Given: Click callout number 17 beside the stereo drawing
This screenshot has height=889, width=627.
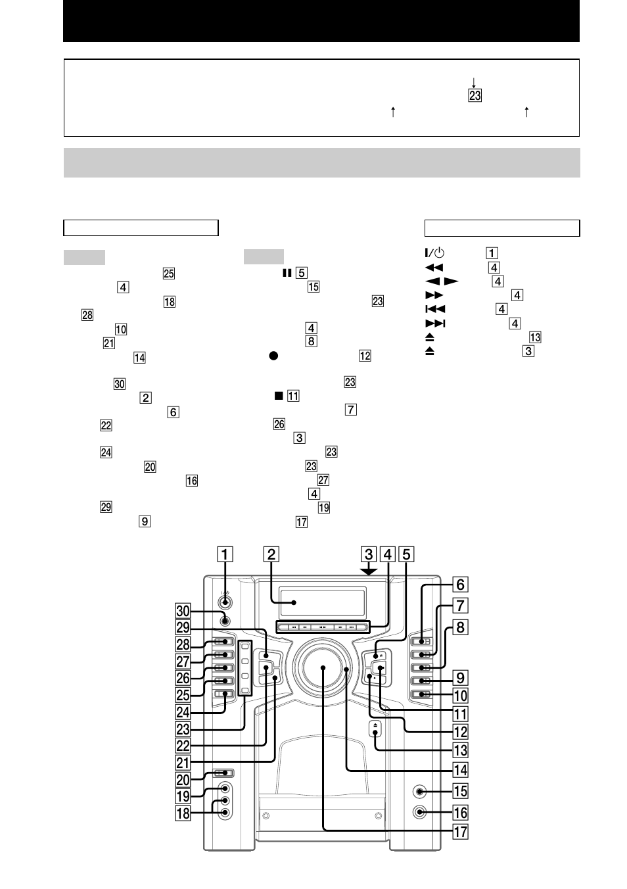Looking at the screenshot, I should coord(461,831).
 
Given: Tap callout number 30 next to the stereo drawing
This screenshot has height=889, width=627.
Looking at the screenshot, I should coord(183,611).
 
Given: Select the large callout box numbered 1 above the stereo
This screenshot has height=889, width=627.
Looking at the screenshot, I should coord(225,554).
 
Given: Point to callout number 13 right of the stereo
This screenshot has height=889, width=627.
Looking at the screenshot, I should coord(461,750).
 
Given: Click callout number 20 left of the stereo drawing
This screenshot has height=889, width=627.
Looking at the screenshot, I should coord(183,780).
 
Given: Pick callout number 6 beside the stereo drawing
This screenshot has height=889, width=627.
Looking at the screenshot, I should coord(461,585).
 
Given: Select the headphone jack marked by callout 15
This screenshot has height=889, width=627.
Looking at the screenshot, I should coord(419,792).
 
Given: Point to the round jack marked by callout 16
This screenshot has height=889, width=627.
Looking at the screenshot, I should coord(419,812).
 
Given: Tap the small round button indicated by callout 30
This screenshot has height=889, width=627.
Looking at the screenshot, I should coord(225,619).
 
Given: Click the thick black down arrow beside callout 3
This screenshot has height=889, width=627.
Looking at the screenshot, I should coord(369,570).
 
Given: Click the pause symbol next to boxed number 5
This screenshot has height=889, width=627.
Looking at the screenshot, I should coord(287,272).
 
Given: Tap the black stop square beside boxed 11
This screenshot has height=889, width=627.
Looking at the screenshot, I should coord(279,396).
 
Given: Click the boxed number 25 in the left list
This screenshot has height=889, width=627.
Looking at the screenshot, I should coord(169,274).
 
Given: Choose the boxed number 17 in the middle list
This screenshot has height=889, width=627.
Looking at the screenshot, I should coord(301,522).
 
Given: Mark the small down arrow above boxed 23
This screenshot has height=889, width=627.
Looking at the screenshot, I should coord(473,83).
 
